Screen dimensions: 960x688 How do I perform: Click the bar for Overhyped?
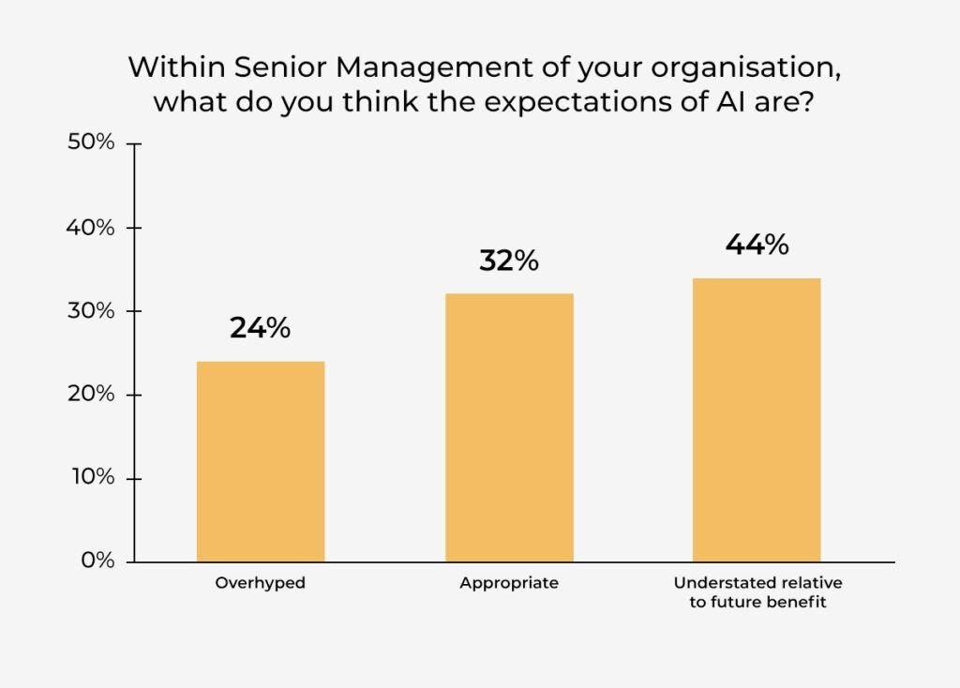pos(261,461)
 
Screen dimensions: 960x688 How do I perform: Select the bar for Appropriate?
pos(509,427)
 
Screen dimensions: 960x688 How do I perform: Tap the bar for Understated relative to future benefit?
pos(757,420)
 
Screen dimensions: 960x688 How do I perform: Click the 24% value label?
pos(261,328)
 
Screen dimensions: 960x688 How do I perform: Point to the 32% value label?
pos(509,261)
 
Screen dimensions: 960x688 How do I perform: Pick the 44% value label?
pos(757,245)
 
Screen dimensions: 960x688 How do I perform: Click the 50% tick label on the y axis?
pos(91,142)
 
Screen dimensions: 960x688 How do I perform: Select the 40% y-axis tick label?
pos(91,228)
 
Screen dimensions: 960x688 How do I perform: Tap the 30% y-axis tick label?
pos(91,311)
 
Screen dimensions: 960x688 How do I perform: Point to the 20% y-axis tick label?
pos(91,395)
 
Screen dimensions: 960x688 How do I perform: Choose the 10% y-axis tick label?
pos(93,477)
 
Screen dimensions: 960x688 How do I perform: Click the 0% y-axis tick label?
pos(97,561)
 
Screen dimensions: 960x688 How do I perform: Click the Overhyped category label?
pos(261,583)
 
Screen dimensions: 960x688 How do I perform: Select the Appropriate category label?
pos(509,583)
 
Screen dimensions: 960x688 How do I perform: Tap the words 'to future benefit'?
pos(757,603)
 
